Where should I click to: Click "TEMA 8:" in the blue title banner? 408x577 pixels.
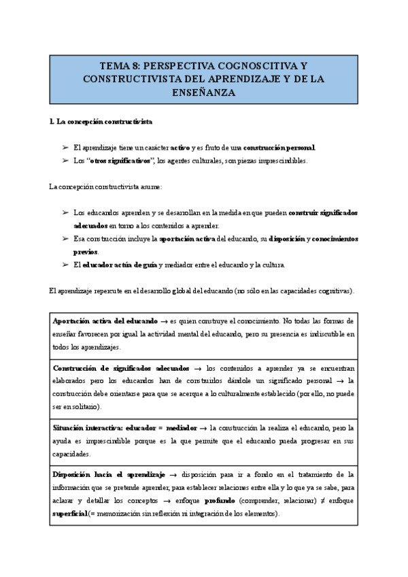(x=120, y=66)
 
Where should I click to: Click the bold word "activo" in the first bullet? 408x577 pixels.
(x=180, y=148)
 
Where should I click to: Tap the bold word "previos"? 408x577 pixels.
(x=85, y=251)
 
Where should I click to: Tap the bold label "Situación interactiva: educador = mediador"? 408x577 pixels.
(x=124, y=428)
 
